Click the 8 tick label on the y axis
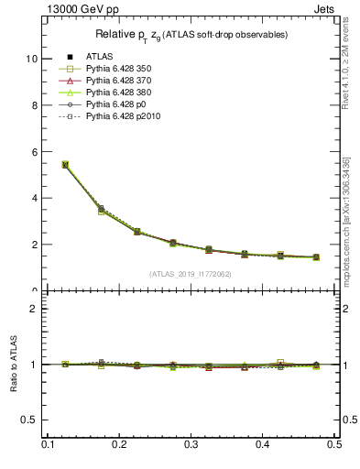point(35,105)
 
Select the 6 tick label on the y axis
point(35,151)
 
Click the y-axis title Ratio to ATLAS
point(14,365)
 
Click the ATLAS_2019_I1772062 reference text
point(191,274)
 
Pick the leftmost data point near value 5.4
point(65,165)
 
